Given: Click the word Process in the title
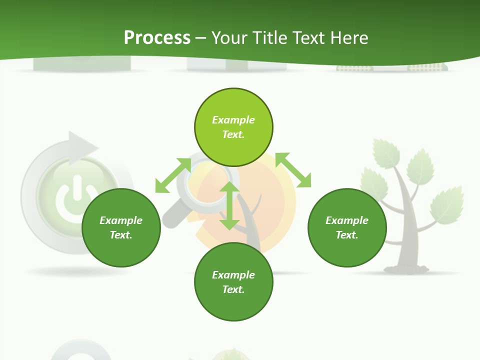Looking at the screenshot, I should coord(157,37).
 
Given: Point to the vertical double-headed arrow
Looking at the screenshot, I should coord(229,206).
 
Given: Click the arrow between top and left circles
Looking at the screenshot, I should coord(173,175).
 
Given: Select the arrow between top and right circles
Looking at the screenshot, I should coord(293,170).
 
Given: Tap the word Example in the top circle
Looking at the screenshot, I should coord(233,120).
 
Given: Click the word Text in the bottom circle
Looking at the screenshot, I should coord(233,289).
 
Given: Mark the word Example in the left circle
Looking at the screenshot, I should coord(121,220).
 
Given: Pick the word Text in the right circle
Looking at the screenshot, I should coord(347,235).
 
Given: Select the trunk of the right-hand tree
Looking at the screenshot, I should coord(407,235).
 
